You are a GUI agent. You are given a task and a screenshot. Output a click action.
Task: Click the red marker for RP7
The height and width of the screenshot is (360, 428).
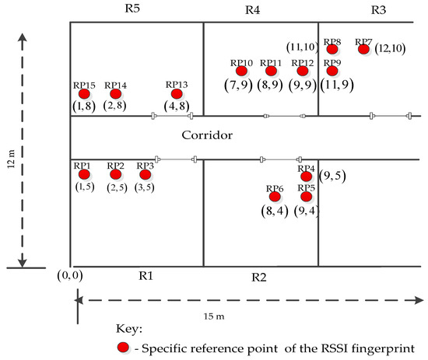pos(363,50)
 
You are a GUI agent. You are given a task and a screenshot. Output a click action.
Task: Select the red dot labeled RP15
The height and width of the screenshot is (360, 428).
pos(83,94)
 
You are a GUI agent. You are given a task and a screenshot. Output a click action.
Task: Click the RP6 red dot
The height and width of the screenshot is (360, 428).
pos(274,197)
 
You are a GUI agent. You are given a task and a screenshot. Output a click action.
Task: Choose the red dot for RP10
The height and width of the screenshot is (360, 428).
pos(241,72)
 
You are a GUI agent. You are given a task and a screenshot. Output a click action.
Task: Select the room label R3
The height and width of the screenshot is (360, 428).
pos(378,10)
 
